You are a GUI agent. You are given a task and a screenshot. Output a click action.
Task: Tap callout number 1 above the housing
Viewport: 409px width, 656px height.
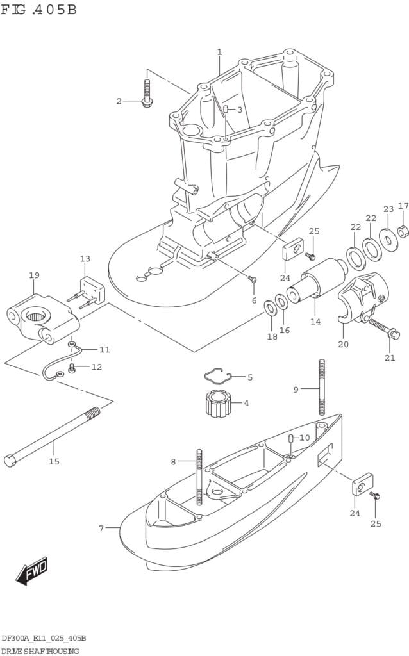[x=219, y=52]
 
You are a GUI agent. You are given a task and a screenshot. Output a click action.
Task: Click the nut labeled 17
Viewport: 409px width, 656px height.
[x=403, y=231]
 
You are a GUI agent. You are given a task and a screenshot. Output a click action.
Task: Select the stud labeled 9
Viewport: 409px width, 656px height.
[x=320, y=389]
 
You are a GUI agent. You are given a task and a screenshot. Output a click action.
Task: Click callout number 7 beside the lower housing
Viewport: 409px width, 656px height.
[x=101, y=528]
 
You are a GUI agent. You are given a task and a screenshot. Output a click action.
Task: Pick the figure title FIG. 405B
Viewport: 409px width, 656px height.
[x=38, y=10]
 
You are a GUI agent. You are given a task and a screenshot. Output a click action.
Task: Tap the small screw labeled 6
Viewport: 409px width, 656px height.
[x=252, y=279]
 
